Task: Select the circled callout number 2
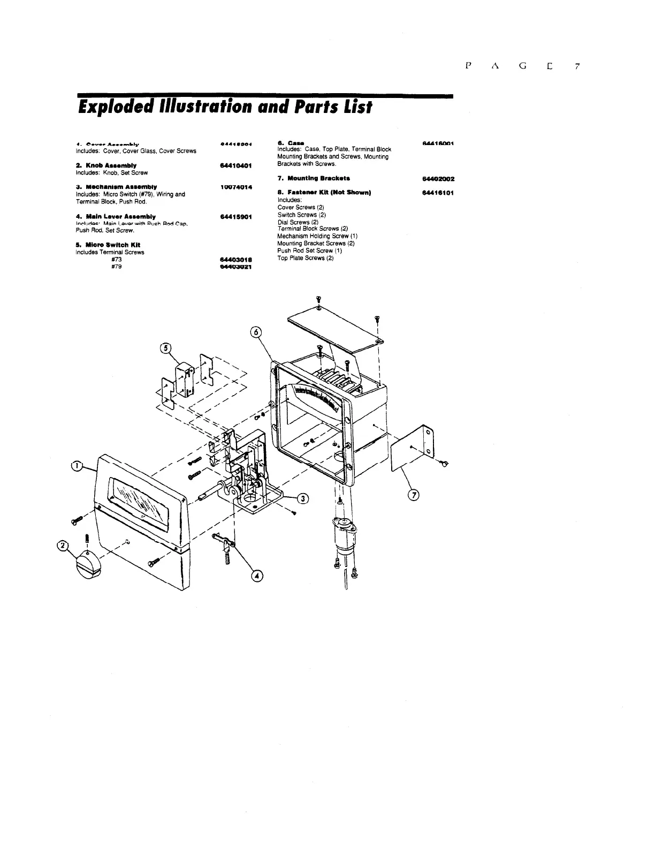point(63,546)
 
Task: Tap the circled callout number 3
point(303,498)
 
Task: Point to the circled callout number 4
point(258,576)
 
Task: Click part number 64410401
point(236,165)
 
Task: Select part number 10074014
point(236,187)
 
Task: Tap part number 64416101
point(438,192)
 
